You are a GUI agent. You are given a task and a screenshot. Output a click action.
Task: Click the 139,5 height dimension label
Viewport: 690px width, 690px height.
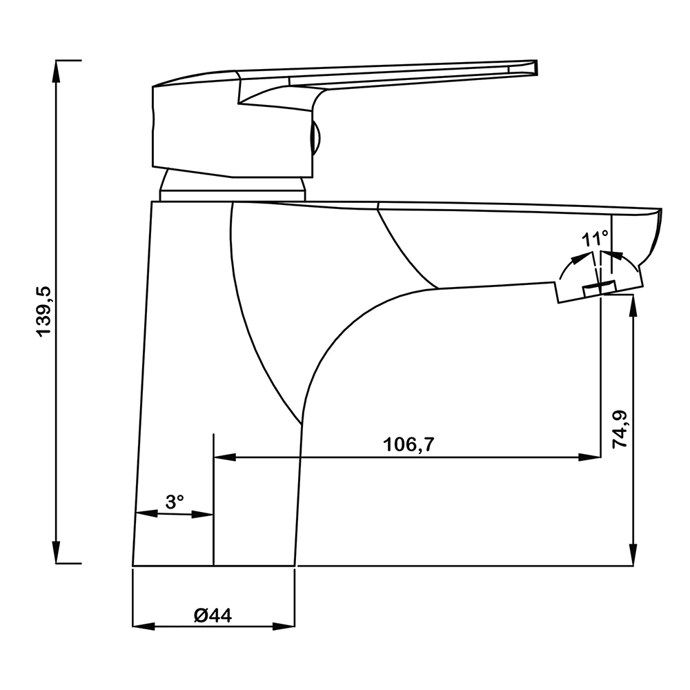coord(45,311)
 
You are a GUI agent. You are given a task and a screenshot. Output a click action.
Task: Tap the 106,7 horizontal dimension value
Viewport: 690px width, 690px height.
coord(408,444)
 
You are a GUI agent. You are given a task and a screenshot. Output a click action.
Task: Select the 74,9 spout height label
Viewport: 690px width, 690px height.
coord(620,429)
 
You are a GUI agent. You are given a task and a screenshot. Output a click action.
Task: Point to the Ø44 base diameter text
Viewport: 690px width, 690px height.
coord(213,615)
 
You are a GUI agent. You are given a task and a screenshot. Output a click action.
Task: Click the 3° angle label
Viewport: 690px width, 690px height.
coord(175,502)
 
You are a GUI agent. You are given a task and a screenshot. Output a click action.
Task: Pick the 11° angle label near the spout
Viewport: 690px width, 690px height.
coord(595,240)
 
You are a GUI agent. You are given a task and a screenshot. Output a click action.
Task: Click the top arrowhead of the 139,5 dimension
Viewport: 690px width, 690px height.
coord(56,71)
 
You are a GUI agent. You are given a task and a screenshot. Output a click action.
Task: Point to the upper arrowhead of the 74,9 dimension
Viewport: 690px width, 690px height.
coord(633,307)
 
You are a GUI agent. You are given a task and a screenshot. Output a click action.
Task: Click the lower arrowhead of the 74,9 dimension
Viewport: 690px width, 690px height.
coord(633,555)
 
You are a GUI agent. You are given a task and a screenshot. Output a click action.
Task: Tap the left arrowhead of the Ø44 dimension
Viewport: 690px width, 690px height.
coord(144,627)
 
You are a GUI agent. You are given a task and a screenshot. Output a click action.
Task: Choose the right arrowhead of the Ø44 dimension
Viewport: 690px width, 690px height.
coord(284,627)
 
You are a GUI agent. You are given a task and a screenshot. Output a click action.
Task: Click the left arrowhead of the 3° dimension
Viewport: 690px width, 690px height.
coord(146,513)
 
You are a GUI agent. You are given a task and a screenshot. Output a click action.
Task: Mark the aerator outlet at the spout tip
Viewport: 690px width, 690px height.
coord(600,289)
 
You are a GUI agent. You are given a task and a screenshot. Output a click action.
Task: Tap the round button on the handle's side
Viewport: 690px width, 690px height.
coord(316,138)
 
